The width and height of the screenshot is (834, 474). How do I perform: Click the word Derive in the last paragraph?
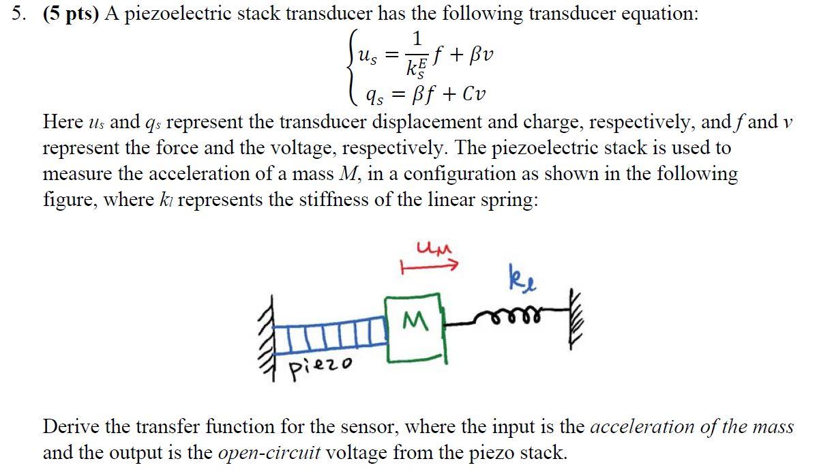[x=72, y=428]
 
